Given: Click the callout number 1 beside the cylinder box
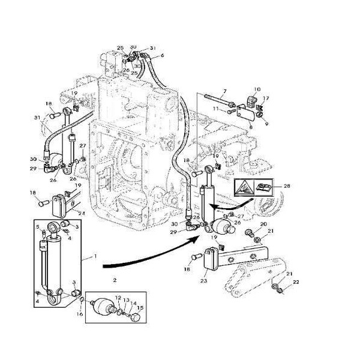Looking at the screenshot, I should (x=94, y=256).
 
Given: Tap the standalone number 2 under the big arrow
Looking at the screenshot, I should (x=114, y=280).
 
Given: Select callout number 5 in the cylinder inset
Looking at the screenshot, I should (x=37, y=227).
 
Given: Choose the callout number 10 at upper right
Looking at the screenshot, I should (x=257, y=89).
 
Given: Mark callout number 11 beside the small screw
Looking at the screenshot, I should (x=215, y=109).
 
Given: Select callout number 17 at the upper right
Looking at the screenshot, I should (x=266, y=99).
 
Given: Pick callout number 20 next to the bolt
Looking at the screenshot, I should (x=262, y=224).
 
